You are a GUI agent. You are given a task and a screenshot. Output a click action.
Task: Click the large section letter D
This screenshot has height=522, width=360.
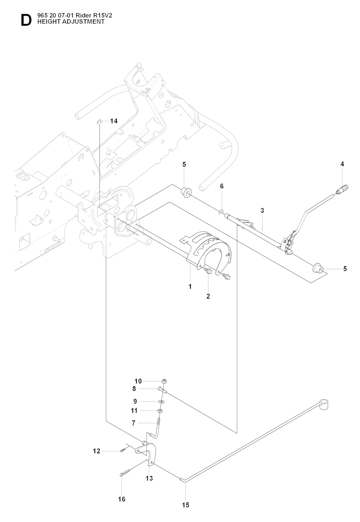click(26, 20)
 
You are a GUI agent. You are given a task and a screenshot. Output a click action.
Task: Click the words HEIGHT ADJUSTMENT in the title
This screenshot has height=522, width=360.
click(71, 22)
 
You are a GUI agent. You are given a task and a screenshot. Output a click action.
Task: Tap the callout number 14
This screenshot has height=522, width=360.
click(114, 121)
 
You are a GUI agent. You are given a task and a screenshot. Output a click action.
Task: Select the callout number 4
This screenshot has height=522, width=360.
click(342, 164)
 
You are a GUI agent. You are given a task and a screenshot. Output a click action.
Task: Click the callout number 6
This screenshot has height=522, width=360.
click(222, 186)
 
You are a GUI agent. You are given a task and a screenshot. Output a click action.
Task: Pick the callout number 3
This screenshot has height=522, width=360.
click(262, 210)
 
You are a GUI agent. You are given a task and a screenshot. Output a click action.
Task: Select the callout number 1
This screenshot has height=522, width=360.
click(190, 286)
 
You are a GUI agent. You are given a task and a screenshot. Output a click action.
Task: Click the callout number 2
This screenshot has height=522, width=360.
click(208, 296)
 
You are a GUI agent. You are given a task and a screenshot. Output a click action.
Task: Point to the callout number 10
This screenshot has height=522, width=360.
click(138, 381)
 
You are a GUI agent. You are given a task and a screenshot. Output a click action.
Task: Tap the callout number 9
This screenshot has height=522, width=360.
click(135, 401)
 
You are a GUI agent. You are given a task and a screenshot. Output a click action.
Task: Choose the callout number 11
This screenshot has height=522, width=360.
click(134, 410)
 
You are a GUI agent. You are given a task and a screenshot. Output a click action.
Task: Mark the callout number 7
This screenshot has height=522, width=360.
click(134, 423)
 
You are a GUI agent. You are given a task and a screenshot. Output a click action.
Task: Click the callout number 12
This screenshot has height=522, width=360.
click(97, 451)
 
